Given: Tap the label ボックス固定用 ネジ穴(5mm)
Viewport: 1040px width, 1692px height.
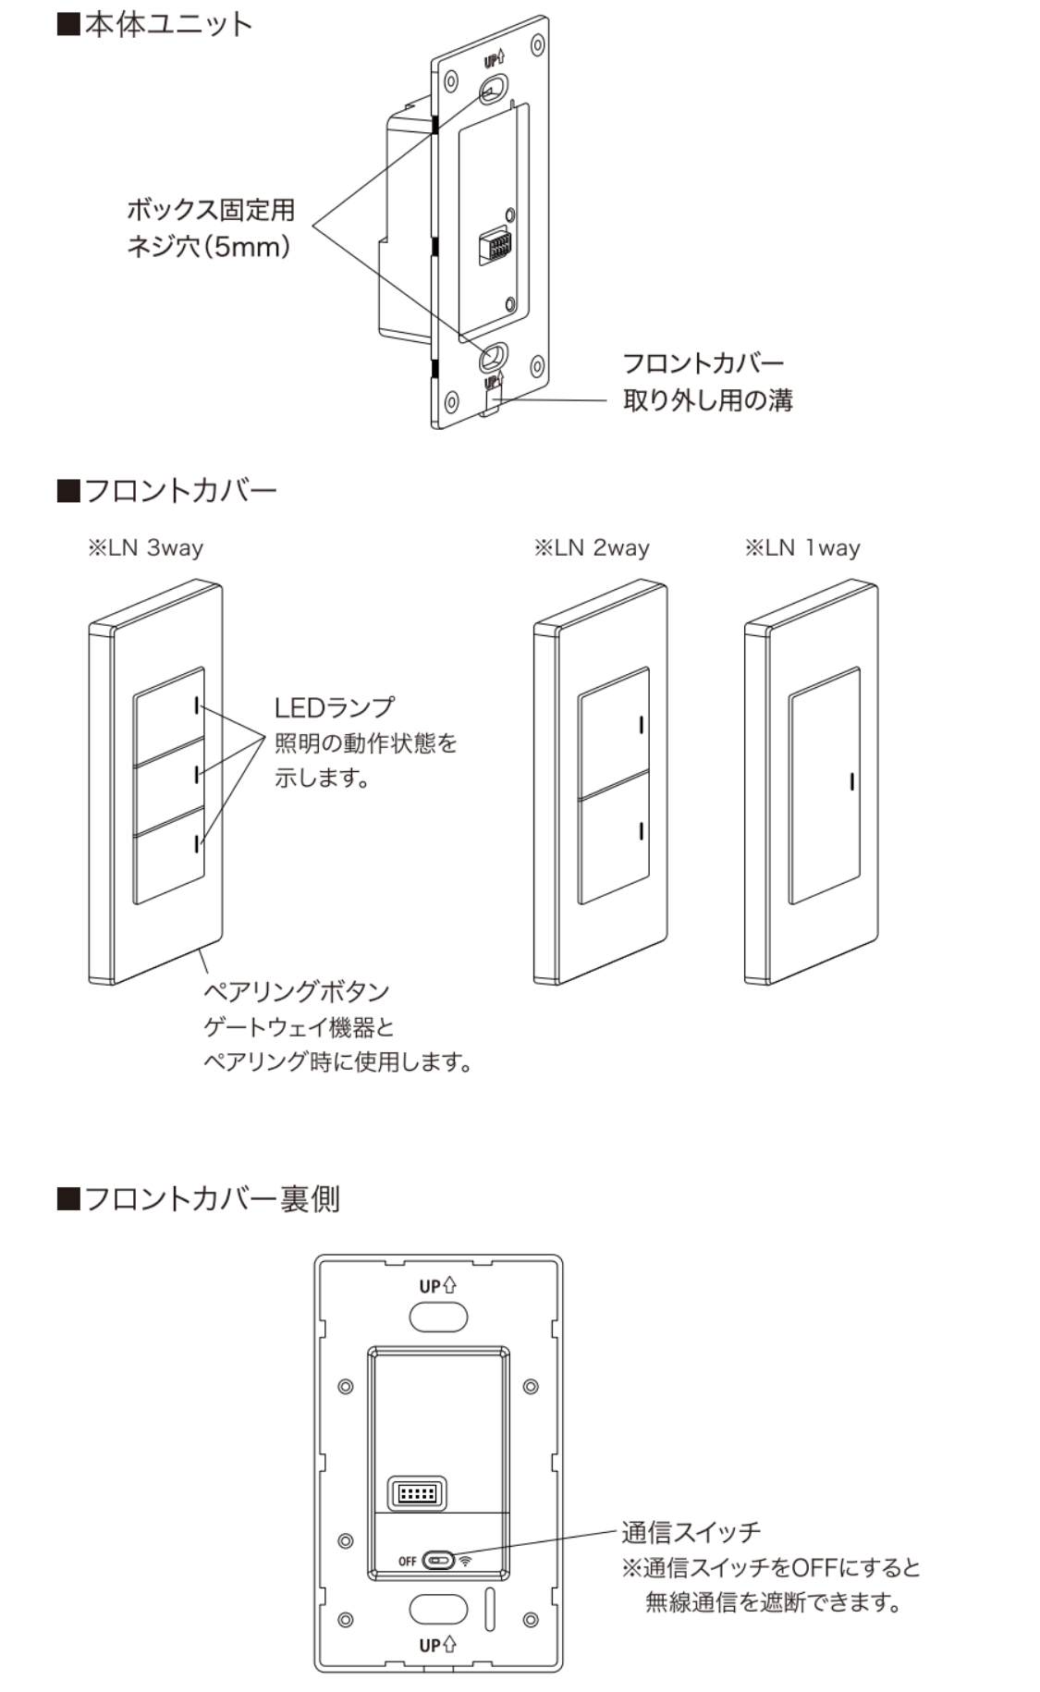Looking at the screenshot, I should tap(210, 227).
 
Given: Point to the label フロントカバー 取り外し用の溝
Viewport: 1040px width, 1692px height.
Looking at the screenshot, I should tap(706, 381).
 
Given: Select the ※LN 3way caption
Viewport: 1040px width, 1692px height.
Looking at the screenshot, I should tap(145, 548).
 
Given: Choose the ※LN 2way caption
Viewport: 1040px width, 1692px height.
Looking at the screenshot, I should tap(592, 548).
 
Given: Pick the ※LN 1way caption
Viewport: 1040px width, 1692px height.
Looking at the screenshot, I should tap(802, 548).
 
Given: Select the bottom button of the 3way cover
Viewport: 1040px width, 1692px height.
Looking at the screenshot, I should tap(167, 855).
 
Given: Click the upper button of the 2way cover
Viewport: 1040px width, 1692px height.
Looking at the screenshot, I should tap(612, 735).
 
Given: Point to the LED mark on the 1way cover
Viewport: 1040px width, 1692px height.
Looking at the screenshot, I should tap(850, 782).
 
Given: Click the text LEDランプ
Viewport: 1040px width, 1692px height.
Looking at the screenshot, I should tap(334, 707).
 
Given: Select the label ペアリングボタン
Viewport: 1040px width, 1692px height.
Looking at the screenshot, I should tap(296, 992).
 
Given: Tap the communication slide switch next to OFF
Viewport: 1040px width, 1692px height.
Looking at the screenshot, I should tap(437, 1561).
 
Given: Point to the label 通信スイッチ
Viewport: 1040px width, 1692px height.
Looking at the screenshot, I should tap(691, 1532).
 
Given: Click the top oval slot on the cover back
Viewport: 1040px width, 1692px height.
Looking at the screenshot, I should tap(438, 1316).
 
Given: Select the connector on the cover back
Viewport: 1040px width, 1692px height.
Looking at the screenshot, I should tap(416, 1493).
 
